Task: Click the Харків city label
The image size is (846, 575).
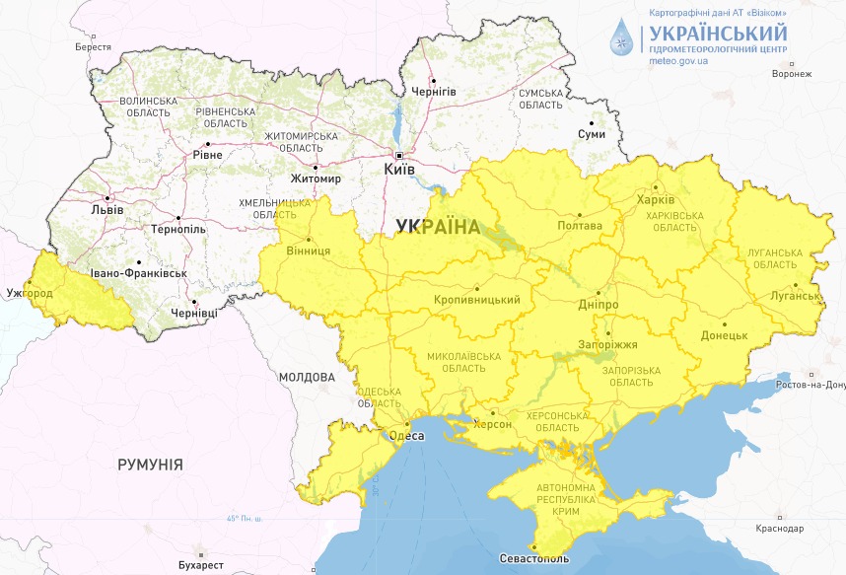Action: click(656, 200)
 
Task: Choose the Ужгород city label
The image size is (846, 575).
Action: click(29, 294)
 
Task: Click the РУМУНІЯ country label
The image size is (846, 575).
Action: click(150, 464)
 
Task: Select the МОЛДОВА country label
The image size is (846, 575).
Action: click(307, 378)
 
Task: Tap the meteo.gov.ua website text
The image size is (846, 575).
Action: click(679, 60)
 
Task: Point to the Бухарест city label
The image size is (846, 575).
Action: click(202, 565)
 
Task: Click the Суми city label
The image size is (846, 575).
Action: click(592, 134)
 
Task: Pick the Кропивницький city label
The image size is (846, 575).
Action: click(476, 300)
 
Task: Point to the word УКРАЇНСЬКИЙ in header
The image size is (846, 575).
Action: click(718, 32)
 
